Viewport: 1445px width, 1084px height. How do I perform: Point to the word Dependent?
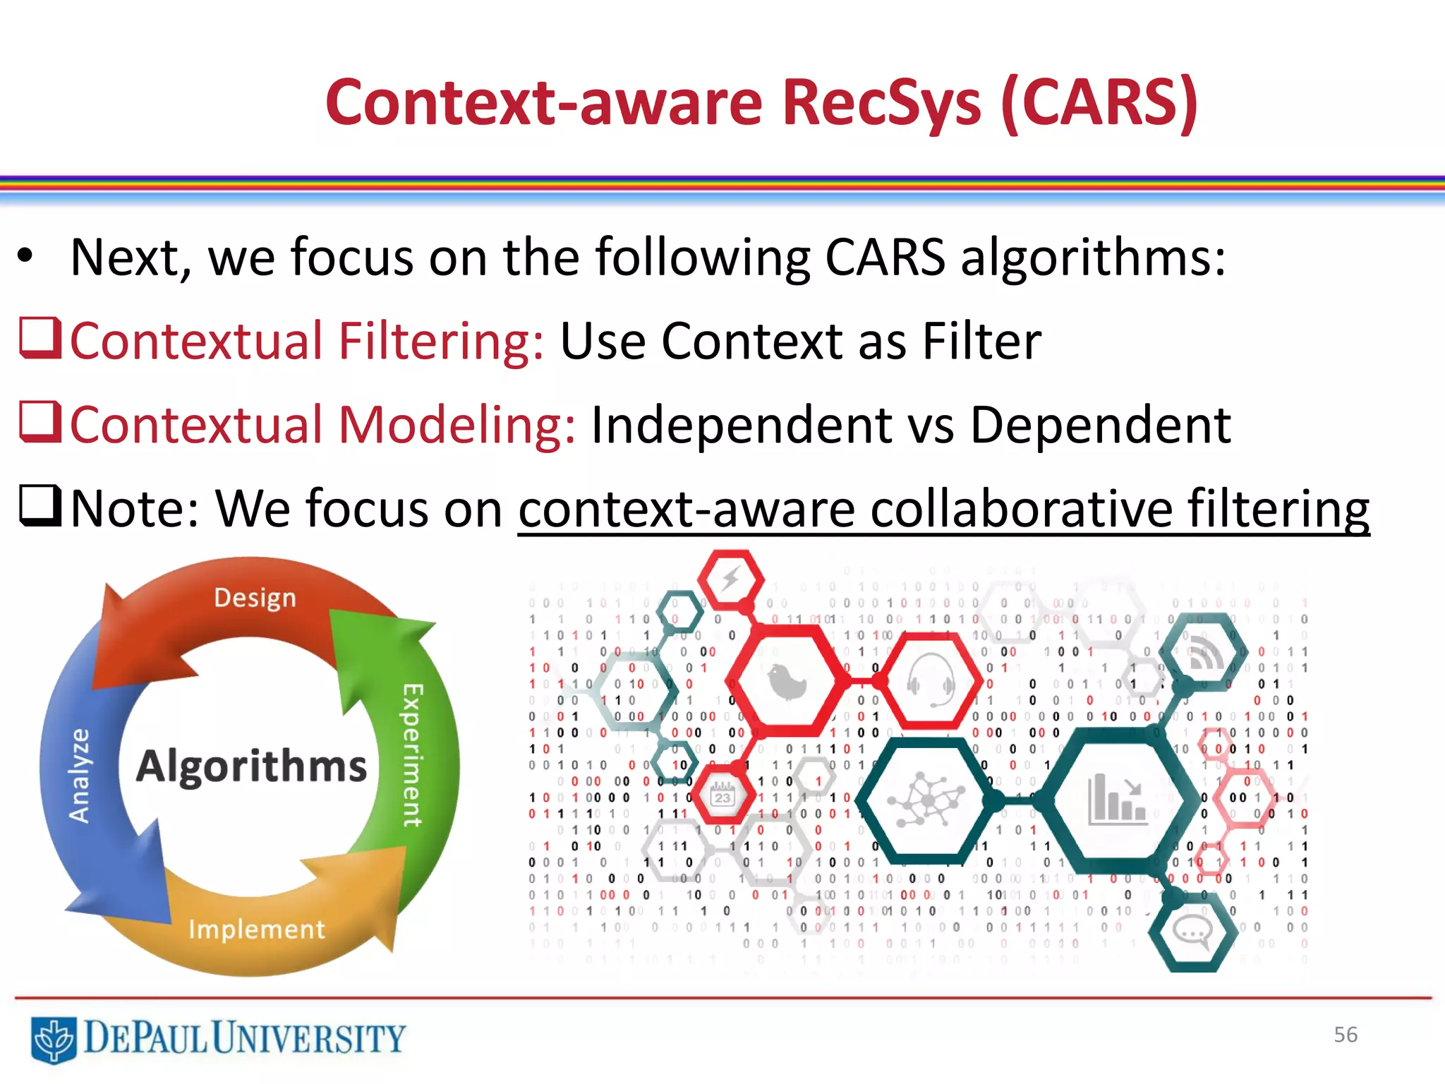coord(1100,426)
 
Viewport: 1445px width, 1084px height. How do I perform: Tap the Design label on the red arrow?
coord(255,598)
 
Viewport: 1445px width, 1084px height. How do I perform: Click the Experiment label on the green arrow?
coord(412,754)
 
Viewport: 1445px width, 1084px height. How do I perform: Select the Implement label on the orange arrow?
coord(257,929)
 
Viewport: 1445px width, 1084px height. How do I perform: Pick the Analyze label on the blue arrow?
coord(80,776)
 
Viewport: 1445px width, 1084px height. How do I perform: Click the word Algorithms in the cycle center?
coord(252,766)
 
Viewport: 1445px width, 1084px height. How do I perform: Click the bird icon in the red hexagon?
coord(786,682)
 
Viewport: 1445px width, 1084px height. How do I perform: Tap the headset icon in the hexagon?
coord(931,680)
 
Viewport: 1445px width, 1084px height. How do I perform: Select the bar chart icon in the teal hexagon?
coord(1117,800)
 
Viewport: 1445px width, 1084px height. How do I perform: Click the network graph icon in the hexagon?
coord(927,800)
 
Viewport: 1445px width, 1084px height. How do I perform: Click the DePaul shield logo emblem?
coord(54,1040)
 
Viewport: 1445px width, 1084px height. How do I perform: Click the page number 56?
coord(1345,1035)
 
